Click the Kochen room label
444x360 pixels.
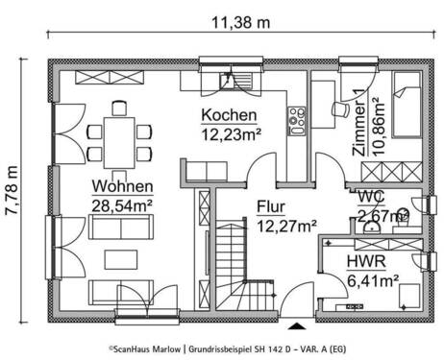pyautogui.click(x=227, y=115)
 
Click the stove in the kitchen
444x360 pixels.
pyautogui.click(x=296, y=119)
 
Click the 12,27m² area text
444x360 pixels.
pyautogui.click(x=286, y=227)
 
